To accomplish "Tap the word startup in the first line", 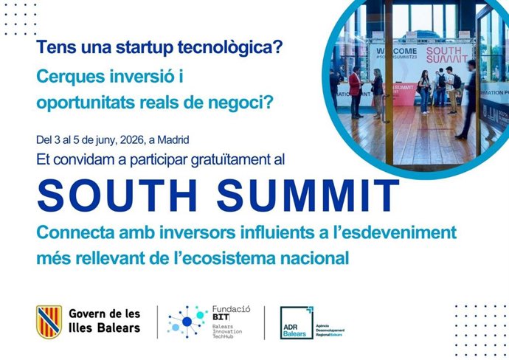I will (x=131, y=49).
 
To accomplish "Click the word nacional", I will (x=308, y=259).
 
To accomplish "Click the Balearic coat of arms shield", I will (x=49, y=320).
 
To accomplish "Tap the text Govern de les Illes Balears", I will (x=104, y=320).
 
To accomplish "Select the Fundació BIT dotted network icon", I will (x=186, y=321).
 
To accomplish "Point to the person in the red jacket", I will (x=355, y=92).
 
